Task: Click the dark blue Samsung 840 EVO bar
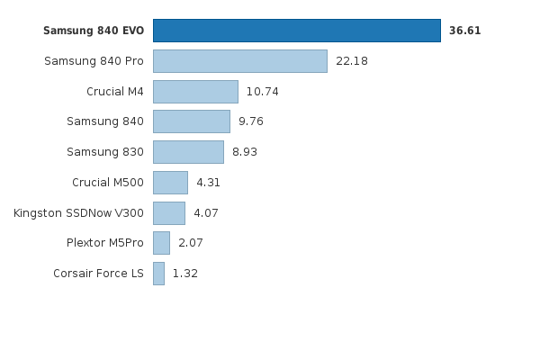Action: [296, 31]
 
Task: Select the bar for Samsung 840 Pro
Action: [239, 61]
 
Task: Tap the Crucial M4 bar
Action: [195, 92]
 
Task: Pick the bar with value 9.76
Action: [191, 121]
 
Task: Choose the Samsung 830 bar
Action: [188, 152]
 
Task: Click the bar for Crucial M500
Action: [170, 183]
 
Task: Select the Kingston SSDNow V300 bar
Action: [169, 213]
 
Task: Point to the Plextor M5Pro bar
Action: [161, 243]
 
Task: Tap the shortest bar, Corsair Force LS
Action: [158, 274]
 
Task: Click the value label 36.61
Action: [464, 31]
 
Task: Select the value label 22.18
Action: [351, 61]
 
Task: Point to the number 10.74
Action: [263, 92]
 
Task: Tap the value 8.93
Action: [245, 152]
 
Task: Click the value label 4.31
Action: [208, 183]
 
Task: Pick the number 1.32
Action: [184, 274]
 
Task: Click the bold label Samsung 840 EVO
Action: [94, 31]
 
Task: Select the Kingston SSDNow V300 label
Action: [78, 213]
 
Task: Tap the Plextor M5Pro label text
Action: [104, 243]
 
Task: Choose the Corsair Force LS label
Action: [98, 274]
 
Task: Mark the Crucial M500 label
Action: [107, 183]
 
